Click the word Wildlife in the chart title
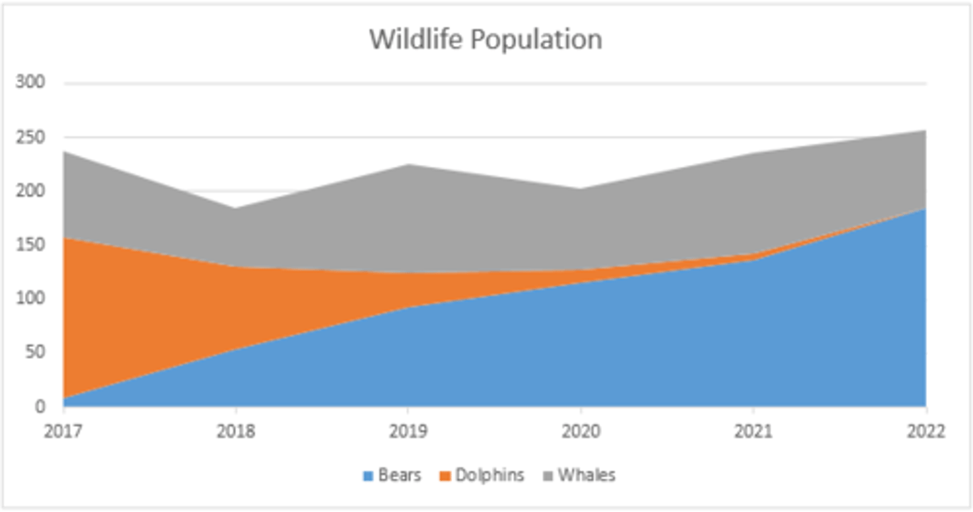415,39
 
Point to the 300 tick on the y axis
30,83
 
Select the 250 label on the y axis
30,137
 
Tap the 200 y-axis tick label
30,191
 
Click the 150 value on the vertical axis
30,245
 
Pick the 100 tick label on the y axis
30,298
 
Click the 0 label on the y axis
40,406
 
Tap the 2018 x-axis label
235,432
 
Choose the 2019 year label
407,432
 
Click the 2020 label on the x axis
580,432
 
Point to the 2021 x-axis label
753,432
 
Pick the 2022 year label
926,432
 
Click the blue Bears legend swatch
368,476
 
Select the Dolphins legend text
489,475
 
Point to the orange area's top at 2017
64,238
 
